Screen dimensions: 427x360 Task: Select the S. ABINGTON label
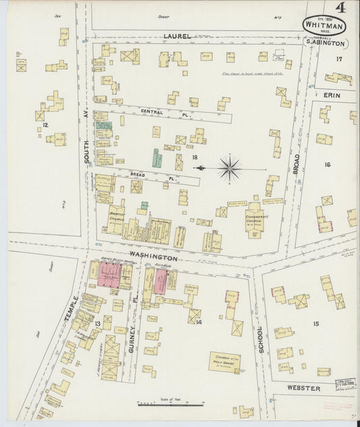pyautogui.click(x=326, y=43)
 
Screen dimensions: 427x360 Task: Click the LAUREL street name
pyautogui.click(x=177, y=36)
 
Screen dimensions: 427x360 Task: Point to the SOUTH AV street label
pyautogui.click(x=86, y=147)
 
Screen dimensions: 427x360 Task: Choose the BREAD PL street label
pyautogui.click(x=138, y=174)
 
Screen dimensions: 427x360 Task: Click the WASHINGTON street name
pyautogui.click(x=153, y=257)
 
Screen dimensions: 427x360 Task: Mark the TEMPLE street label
pyautogui.click(x=76, y=308)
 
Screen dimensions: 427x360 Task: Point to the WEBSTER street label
pyautogui.click(x=302, y=388)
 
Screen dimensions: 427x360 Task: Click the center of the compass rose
pyautogui.click(x=230, y=167)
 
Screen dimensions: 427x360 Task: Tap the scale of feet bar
pyautogui.click(x=170, y=405)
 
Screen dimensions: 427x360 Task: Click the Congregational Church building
pyautogui.click(x=253, y=219)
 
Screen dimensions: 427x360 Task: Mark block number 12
pyautogui.click(x=45, y=124)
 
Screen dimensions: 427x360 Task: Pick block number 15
pyautogui.click(x=315, y=325)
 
